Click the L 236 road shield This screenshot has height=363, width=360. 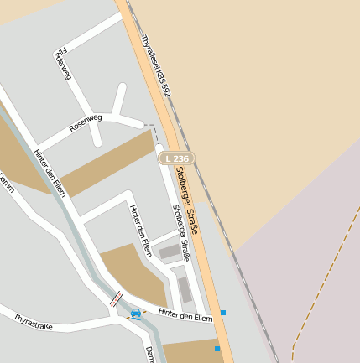(177, 158)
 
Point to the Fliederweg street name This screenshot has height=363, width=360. (60, 63)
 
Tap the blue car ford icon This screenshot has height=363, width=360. (136, 314)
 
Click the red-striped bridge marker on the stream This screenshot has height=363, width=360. (116, 298)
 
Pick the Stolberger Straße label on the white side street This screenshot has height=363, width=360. (181, 233)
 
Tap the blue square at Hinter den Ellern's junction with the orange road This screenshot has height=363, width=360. (223, 313)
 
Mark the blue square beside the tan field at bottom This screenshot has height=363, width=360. (217, 349)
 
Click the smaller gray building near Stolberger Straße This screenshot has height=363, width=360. (170, 251)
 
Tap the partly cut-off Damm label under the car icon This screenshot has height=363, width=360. (150, 355)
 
